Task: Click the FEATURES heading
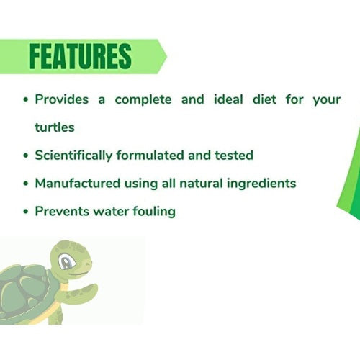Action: click(x=81, y=56)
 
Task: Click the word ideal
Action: click(x=234, y=99)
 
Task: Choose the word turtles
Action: click(x=55, y=127)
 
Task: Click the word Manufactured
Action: click(x=76, y=183)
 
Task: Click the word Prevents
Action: click(x=60, y=211)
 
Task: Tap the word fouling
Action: click(x=150, y=211)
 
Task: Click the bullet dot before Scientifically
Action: click(x=26, y=156)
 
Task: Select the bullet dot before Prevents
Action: click(x=26, y=212)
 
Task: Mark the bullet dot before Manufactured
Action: click(x=26, y=184)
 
